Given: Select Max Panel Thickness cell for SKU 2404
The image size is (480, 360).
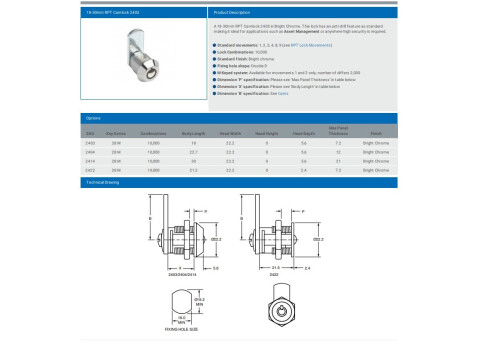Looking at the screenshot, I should (x=367, y=152).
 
